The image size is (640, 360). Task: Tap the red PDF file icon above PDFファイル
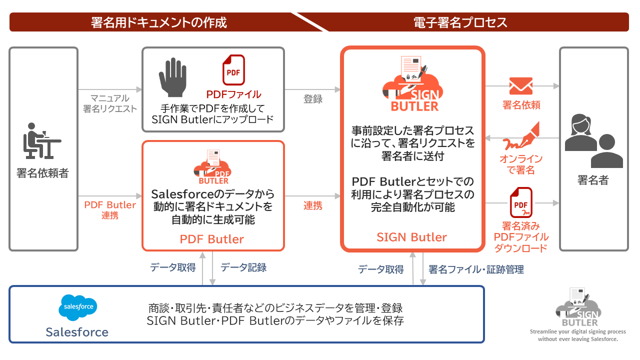coord(233,70)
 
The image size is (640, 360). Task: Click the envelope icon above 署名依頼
coord(520,86)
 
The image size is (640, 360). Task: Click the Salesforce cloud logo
coord(78,306)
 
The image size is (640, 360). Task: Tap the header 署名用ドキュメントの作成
coord(159,22)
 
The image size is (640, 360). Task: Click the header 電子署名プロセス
coord(460,22)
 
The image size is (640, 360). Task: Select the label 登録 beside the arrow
coord(313,99)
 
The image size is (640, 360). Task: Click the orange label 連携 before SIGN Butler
coord(313,205)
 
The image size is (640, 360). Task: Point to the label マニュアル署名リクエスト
coord(110,103)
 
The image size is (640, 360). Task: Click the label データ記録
coord(243,267)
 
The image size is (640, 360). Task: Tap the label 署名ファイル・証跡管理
coord(476,269)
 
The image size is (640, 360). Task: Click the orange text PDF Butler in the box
coord(212,239)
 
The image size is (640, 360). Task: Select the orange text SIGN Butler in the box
coord(411,237)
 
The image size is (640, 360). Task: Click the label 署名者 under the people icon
coord(593,180)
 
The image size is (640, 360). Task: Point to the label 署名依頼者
coord(42,173)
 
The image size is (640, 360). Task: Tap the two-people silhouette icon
coord(593,141)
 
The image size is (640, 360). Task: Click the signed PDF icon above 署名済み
coord(521,202)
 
